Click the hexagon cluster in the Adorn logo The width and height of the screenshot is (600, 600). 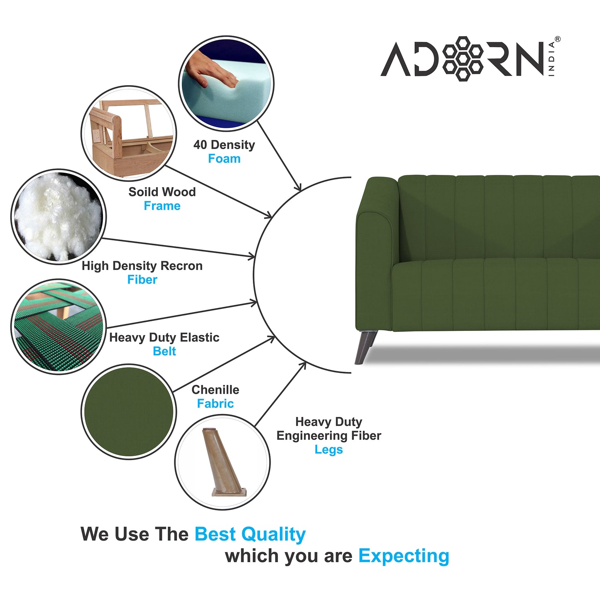463,59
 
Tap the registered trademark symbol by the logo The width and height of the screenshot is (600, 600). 557,39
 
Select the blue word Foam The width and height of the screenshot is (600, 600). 224,159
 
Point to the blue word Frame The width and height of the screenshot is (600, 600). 162,206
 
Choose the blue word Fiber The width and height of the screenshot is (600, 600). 142,280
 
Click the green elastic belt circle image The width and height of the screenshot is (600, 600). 58,327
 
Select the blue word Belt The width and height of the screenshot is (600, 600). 164,351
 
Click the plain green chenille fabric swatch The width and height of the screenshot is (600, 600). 129,411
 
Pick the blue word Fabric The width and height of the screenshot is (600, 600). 215,404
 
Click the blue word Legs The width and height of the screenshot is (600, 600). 328,450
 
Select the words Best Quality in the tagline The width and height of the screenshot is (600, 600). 250,534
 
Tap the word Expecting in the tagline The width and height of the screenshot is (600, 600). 404,556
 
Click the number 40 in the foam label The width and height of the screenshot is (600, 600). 200,145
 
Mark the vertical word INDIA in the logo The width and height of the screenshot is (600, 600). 551,59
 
